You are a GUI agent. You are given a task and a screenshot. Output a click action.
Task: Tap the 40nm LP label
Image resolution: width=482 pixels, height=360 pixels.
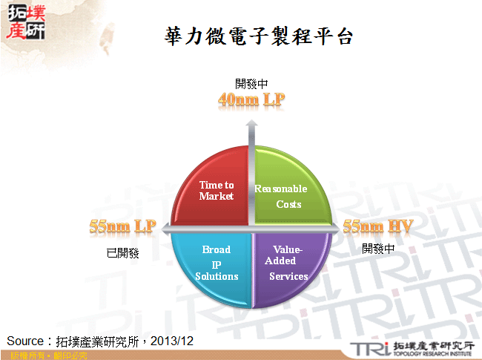pyautogui.click(x=251, y=99)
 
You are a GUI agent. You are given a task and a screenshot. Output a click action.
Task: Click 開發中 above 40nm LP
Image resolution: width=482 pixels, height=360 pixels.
pyautogui.click(x=251, y=83)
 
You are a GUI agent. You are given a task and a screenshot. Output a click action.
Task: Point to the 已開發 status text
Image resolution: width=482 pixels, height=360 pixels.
pyautogui.click(x=123, y=253)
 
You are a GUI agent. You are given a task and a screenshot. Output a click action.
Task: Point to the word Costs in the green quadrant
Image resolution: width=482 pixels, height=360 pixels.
pyautogui.click(x=288, y=204)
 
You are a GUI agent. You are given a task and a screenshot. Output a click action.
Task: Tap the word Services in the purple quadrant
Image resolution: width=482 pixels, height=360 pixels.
pyautogui.click(x=288, y=276)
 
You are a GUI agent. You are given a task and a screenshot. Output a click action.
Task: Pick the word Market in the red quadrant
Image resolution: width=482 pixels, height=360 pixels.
pyautogui.click(x=217, y=196)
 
